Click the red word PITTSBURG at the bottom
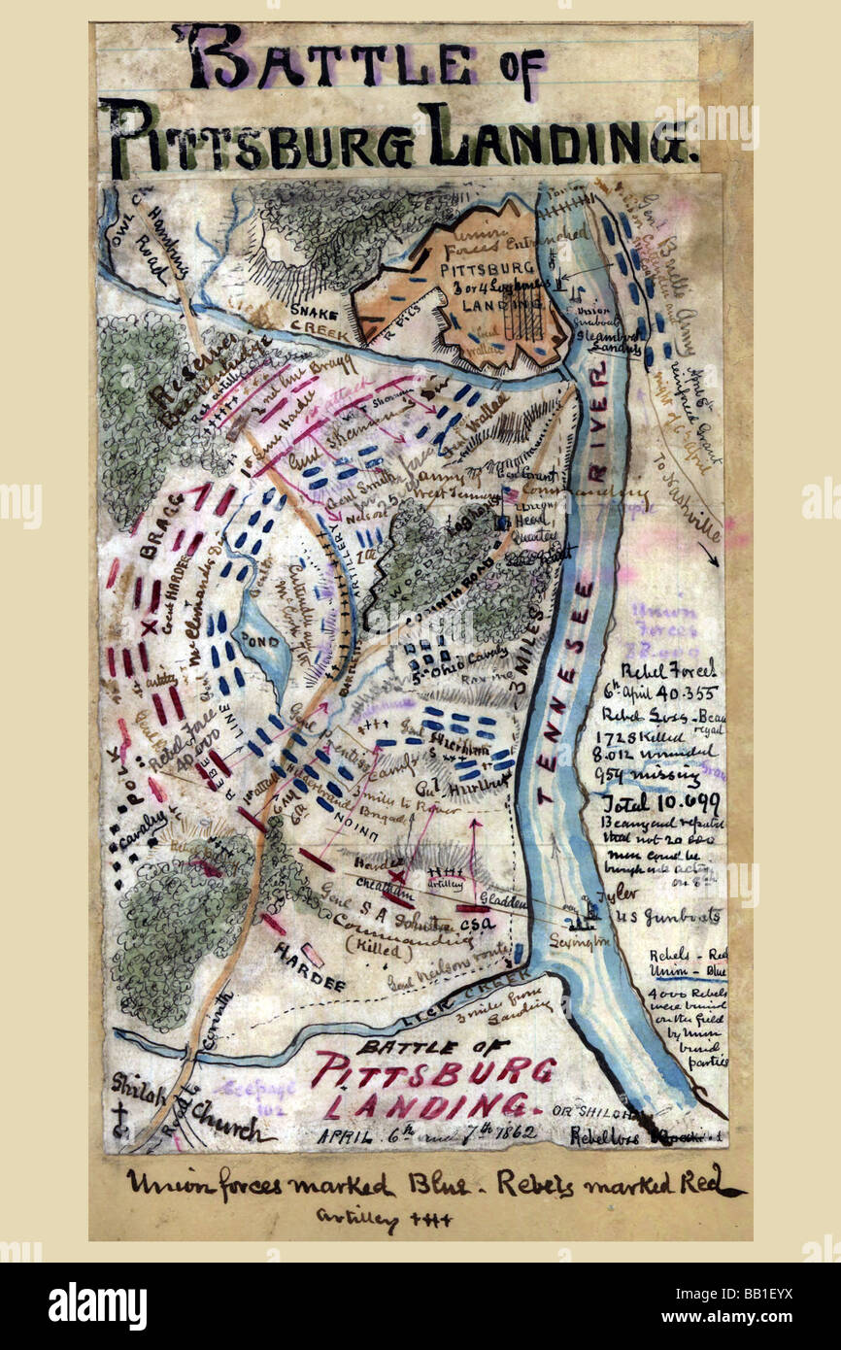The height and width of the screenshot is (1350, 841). tap(433, 1071)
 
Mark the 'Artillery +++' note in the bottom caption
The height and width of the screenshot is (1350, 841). tap(385, 1218)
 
